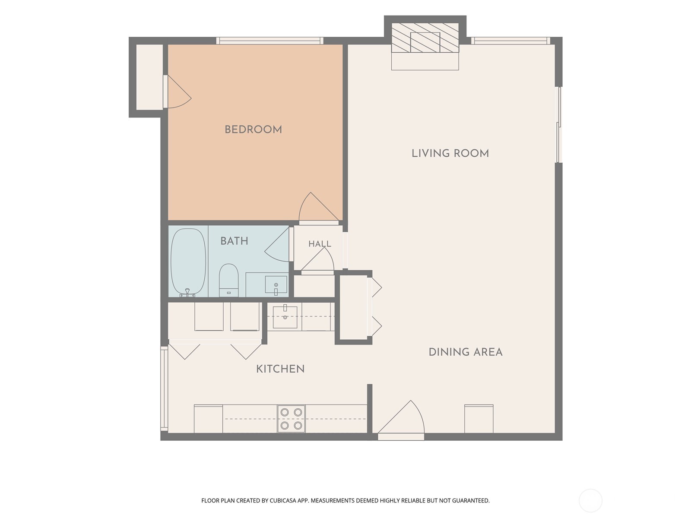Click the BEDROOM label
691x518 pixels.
click(x=253, y=129)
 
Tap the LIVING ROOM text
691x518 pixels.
click(x=450, y=153)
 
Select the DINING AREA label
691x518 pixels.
click(x=465, y=352)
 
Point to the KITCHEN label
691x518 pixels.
click(x=280, y=369)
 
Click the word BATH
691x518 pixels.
click(x=234, y=241)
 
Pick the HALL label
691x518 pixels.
click(x=320, y=244)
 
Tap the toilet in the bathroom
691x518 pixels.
click(x=228, y=280)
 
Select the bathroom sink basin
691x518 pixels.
click(x=276, y=284)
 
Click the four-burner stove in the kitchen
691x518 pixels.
click(x=291, y=419)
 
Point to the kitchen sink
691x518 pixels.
click(x=285, y=317)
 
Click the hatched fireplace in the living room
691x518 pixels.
click(x=425, y=38)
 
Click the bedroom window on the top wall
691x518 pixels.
click(x=270, y=41)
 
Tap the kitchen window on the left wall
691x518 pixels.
click(x=165, y=388)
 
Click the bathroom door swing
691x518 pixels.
click(x=277, y=244)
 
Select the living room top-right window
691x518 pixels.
click(x=510, y=41)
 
